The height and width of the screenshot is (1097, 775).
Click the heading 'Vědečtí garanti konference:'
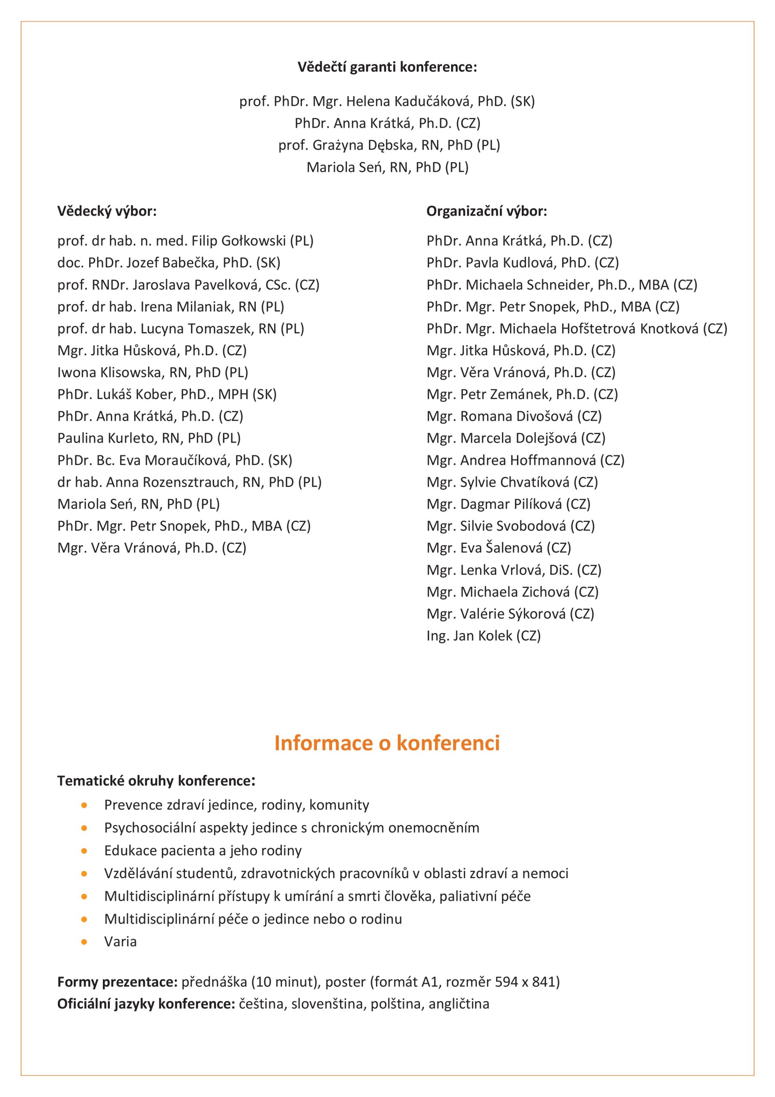coord(387,67)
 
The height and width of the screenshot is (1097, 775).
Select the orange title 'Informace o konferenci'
coord(387,743)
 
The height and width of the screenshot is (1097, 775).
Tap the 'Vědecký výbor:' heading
coord(107,211)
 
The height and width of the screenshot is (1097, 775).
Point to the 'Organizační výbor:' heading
coord(486,211)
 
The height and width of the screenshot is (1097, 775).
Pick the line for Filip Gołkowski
coord(186,241)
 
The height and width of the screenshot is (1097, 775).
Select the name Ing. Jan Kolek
coord(484,636)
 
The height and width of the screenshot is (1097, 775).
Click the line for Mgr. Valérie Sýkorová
coord(510,614)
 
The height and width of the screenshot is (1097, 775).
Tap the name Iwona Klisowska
coord(153,373)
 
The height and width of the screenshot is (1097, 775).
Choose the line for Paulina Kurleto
coord(149,438)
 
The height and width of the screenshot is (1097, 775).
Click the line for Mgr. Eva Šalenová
coord(499,548)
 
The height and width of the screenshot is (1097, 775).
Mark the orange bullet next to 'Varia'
coord(84,942)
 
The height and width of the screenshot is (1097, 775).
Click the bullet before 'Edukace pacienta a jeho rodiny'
coord(84,851)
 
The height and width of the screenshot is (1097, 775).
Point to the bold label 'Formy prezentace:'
coord(117,982)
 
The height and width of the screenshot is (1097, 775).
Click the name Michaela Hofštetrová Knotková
coord(598,329)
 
